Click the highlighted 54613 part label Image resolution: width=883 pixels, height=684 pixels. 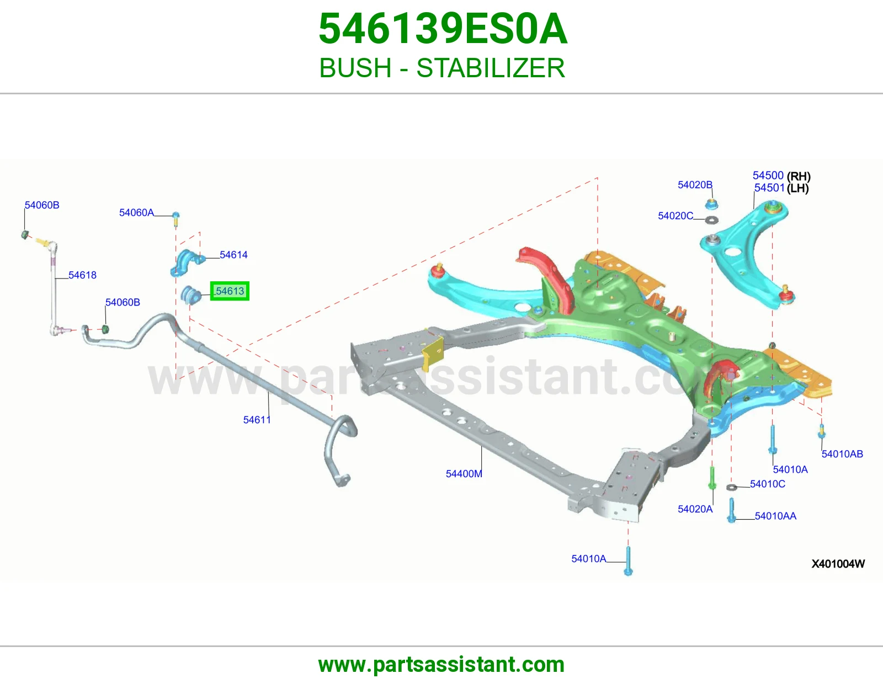click(230, 291)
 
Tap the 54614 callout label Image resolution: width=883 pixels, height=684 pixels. click(233, 255)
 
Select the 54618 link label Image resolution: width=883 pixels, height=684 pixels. click(82, 275)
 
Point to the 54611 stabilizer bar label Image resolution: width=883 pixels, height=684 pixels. click(257, 420)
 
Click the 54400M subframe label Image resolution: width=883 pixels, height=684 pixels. click(464, 474)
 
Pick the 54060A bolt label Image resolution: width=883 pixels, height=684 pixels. click(136, 212)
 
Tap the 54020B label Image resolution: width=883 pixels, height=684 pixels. click(695, 185)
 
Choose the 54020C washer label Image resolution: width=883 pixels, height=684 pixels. click(675, 216)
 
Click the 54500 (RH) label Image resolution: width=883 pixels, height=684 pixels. click(781, 176)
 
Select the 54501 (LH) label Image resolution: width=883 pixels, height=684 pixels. click(781, 188)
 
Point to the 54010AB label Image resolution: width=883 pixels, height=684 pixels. click(842, 453)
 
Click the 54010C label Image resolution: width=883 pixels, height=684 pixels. click(768, 484)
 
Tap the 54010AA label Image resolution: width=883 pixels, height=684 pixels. click(775, 516)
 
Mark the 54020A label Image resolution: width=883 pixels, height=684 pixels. click(695, 509)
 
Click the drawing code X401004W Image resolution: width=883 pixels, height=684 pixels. click(838, 564)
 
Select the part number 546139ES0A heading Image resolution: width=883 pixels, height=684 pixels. click(443, 29)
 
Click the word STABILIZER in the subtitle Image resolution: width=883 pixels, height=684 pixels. click(491, 68)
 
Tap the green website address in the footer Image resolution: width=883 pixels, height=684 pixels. click(441, 665)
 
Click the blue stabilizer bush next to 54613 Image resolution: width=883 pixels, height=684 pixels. click(190, 295)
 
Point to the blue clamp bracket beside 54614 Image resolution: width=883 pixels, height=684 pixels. click(187, 263)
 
